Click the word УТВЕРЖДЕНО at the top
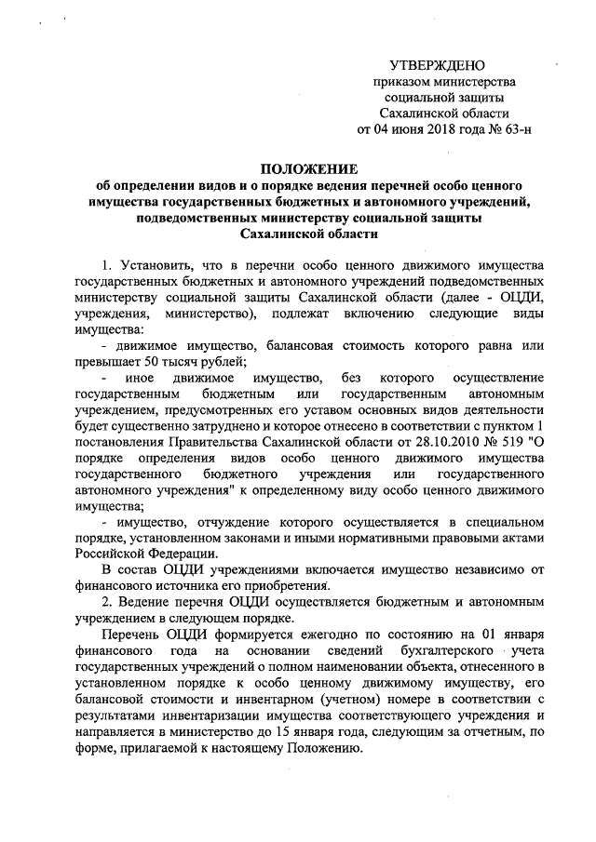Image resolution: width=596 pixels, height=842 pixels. click(x=438, y=68)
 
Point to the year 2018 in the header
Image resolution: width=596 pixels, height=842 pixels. click(x=446, y=128)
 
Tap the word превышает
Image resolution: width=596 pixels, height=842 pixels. click(x=102, y=361)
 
